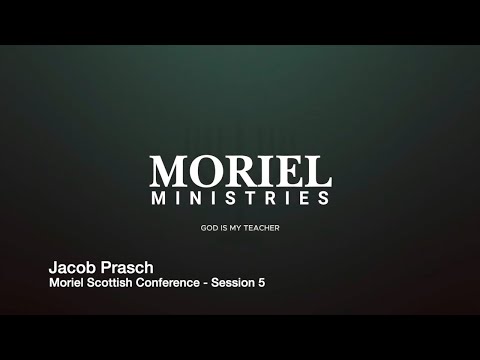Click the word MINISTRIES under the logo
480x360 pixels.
pos(240,198)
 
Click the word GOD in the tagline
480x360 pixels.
pos(209,228)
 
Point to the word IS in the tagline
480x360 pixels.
pos(224,228)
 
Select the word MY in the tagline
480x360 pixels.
pos(236,228)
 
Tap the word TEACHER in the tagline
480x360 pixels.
pos(262,228)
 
